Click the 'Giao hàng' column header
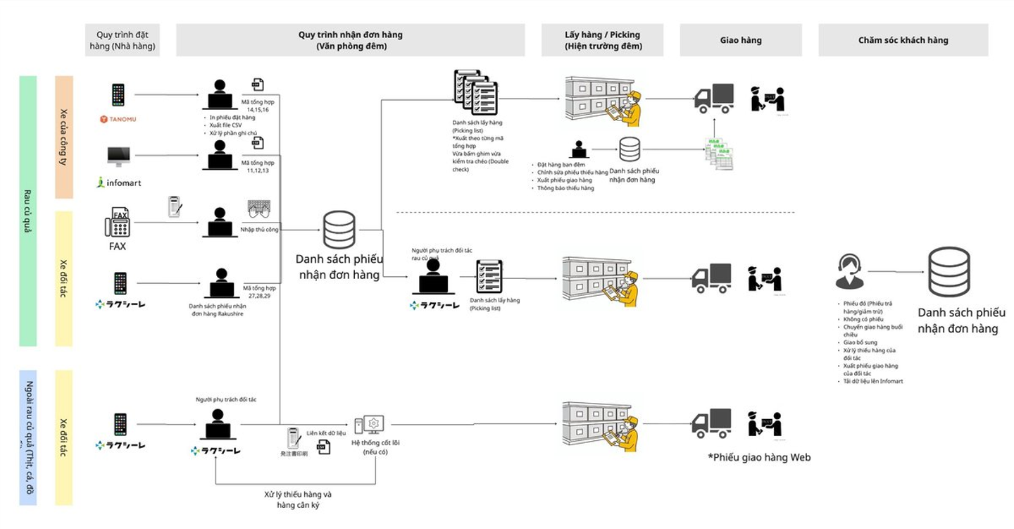(x=740, y=40)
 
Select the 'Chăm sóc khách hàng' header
(x=903, y=40)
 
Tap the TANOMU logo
(x=118, y=119)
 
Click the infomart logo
(x=119, y=182)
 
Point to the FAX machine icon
(x=118, y=223)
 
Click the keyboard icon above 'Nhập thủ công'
(x=259, y=209)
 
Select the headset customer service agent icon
(x=849, y=272)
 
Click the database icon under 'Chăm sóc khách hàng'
(x=949, y=272)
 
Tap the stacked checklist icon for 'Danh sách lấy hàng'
(x=476, y=93)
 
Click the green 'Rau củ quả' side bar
(x=28, y=211)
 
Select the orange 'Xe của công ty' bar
(x=64, y=137)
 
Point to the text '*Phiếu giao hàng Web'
(x=759, y=458)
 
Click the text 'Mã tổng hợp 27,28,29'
(x=259, y=292)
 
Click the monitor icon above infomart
(x=118, y=156)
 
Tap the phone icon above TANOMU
(x=118, y=94)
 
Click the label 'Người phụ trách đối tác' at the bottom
(x=226, y=399)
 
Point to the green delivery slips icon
(x=719, y=154)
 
